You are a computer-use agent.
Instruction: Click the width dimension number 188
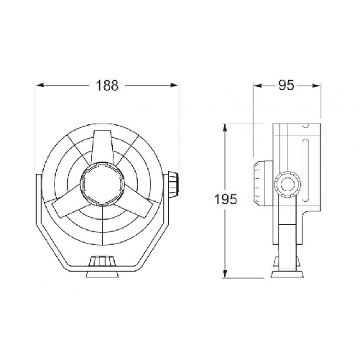pos(106,86)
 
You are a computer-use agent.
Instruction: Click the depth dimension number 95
pos(286,86)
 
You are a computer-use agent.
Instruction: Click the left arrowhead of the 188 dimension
pos(40,86)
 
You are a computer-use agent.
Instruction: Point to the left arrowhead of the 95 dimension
pos(257,86)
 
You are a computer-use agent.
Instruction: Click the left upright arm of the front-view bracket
pos(36,208)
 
